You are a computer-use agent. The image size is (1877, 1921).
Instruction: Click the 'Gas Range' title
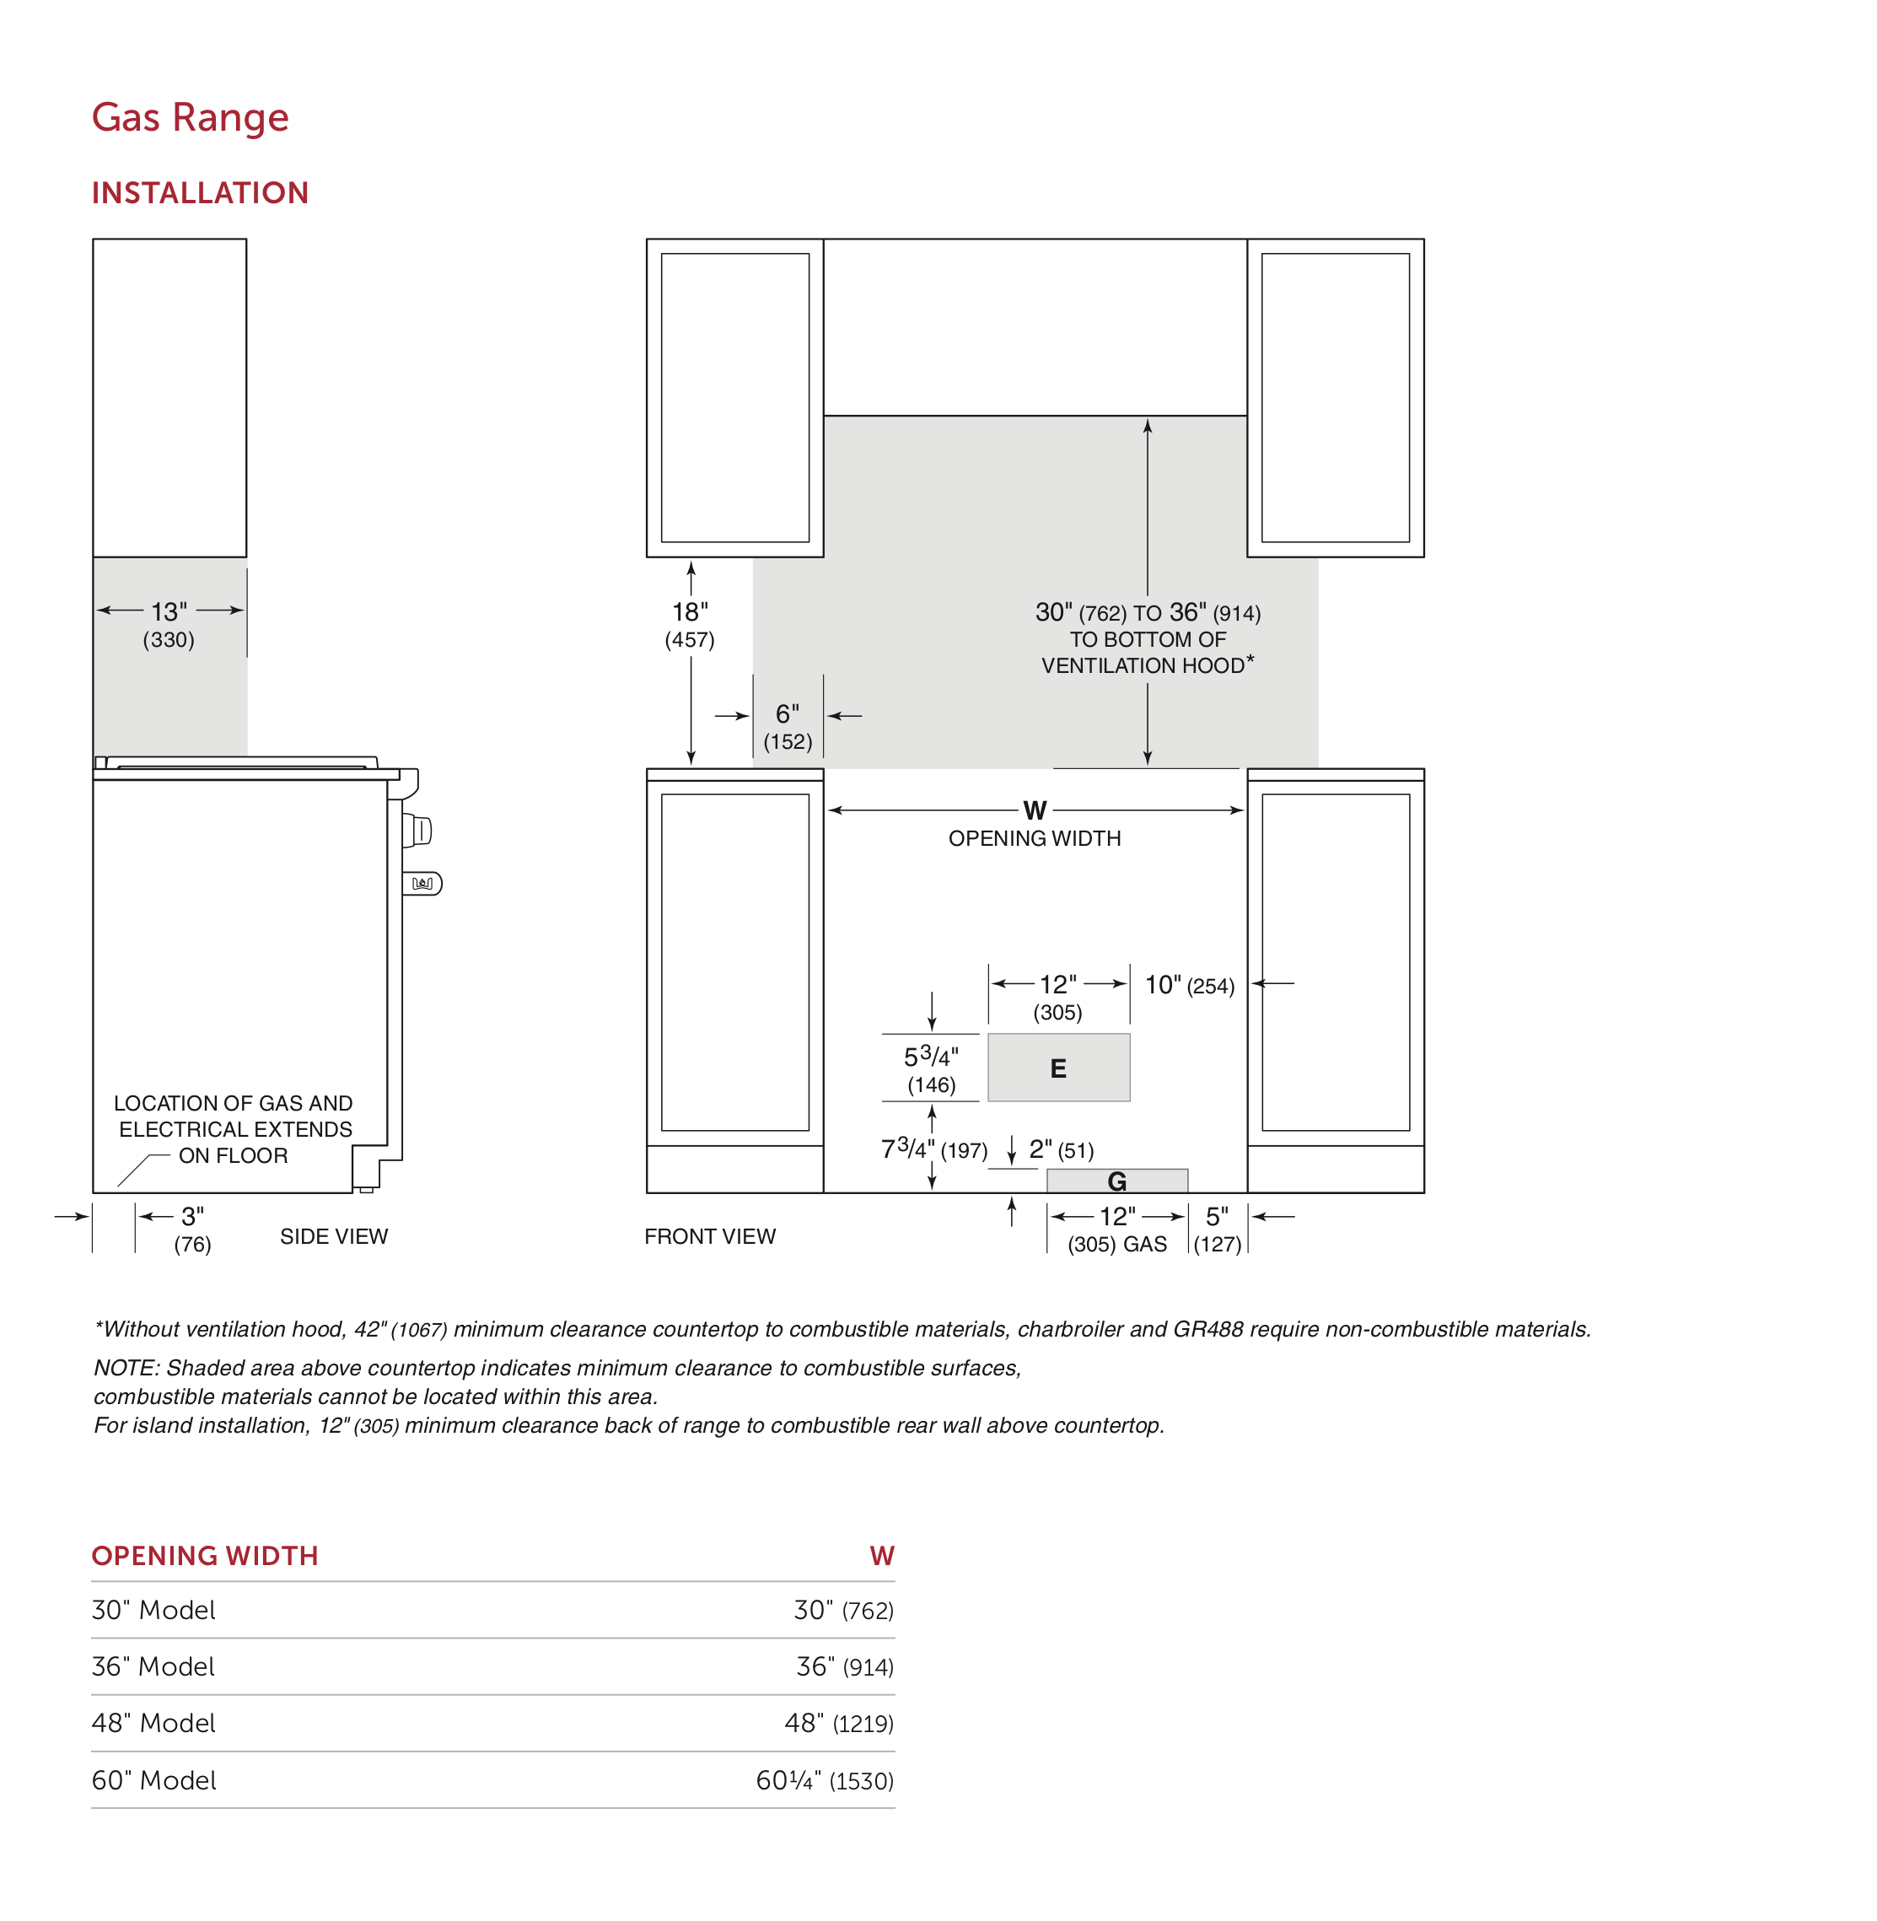click(191, 117)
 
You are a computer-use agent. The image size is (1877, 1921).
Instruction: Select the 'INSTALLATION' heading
click(200, 192)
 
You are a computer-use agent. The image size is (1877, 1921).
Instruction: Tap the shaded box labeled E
click(1059, 1067)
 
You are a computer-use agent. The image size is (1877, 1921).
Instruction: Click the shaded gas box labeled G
click(1117, 1181)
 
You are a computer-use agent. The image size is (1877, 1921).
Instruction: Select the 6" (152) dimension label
click(788, 727)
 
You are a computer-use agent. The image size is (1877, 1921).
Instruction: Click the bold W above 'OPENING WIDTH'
click(1034, 810)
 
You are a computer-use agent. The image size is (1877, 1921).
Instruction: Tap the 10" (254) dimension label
click(1189, 985)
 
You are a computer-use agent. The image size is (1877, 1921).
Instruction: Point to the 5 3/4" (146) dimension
click(932, 1070)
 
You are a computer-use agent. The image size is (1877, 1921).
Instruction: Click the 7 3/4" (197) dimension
click(933, 1149)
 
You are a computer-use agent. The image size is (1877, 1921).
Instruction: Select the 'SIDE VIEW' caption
click(334, 1236)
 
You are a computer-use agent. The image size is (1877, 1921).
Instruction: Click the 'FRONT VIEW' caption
click(710, 1236)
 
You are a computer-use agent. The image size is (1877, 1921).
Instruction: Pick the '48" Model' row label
click(153, 1723)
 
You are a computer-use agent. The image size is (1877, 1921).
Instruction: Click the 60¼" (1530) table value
click(824, 1780)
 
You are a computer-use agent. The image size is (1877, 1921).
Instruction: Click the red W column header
click(881, 1556)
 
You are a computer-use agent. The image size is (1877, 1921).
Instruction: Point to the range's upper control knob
click(417, 831)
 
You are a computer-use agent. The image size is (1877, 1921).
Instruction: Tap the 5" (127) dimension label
click(1218, 1230)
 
